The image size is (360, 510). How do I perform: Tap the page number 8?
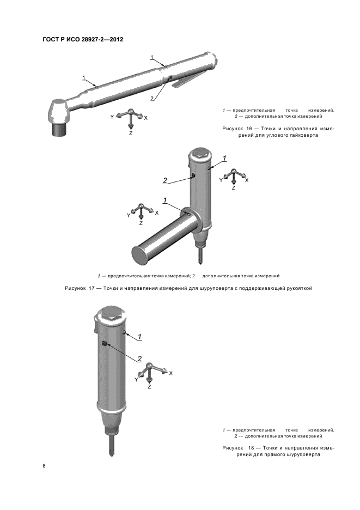pyautogui.click(x=44, y=466)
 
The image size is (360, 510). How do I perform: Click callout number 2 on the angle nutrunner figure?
pyautogui.click(x=152, y=98)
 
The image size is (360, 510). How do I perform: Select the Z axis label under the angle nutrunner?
pyautogui.click(x=131, y=133)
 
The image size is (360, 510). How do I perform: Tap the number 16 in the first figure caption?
pyautogui.click(x=249, y=129)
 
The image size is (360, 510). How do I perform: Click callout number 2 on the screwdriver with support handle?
pyautogui.click(x=165, y=180)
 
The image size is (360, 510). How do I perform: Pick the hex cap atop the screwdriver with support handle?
pyautogui.click(x=200, y=153)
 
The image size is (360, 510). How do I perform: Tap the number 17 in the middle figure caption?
pyautogui.click(x=91, y=288)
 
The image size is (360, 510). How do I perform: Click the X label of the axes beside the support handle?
pyautogui.click(x=157, y=213)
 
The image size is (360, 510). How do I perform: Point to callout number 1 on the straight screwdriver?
pyautogui.click(x=139, y=336)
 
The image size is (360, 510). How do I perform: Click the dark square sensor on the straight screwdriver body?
pyautogui.click(x=104, y=343)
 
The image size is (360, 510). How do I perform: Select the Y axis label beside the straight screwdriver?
pyautogui.click(x=136, y=380)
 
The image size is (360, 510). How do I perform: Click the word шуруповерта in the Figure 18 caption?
pyautogui.click(x=304, y=454)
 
